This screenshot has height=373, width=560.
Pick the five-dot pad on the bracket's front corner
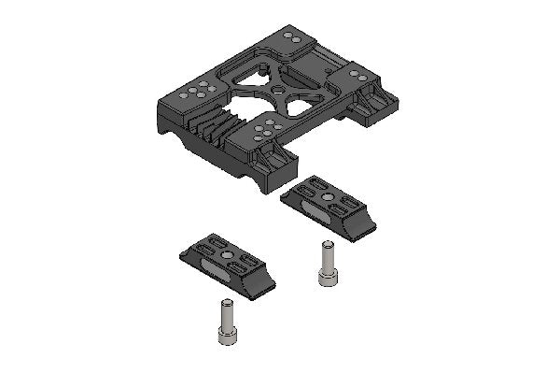[x=265, y=128]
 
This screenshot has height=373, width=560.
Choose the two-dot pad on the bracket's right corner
[x=357, y=74]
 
